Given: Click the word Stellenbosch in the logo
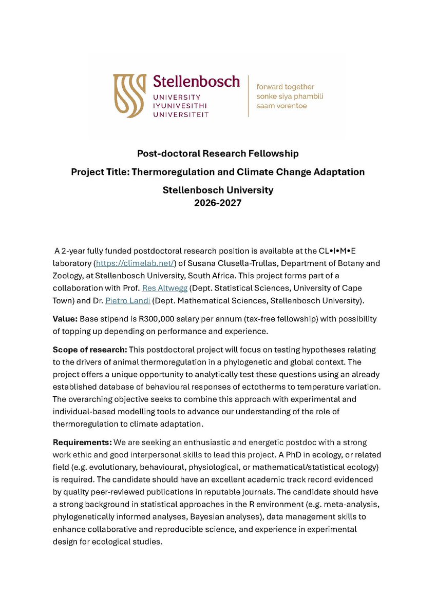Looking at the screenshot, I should point(196,81).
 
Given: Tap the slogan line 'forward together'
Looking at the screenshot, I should point(285,87).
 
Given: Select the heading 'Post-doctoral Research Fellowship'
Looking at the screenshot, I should point(218,153).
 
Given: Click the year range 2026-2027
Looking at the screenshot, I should point(218,202).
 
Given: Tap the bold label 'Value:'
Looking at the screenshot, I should point(65,319).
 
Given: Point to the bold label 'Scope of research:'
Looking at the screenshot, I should point(89,350).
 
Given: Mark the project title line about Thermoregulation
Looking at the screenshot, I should point(218,172).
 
